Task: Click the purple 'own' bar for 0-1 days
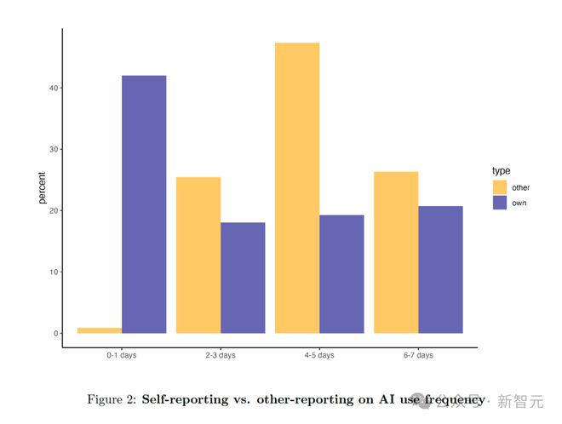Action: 144,204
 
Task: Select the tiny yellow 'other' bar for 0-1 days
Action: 100,330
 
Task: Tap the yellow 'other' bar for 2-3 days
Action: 198,255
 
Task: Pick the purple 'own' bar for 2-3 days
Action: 243,278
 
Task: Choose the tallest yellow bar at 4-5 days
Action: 297,187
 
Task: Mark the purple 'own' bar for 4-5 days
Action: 341,274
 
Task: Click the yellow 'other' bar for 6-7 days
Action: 396,252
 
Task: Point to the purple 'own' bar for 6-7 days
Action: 440,269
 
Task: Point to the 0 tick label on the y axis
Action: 54,334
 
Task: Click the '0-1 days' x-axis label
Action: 122,355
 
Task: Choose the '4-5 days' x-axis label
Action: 319,355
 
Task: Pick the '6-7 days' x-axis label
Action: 418,355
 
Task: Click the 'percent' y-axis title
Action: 42,187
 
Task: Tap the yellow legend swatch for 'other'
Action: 499,187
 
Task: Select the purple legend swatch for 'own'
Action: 499,203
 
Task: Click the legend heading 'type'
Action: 501,171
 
